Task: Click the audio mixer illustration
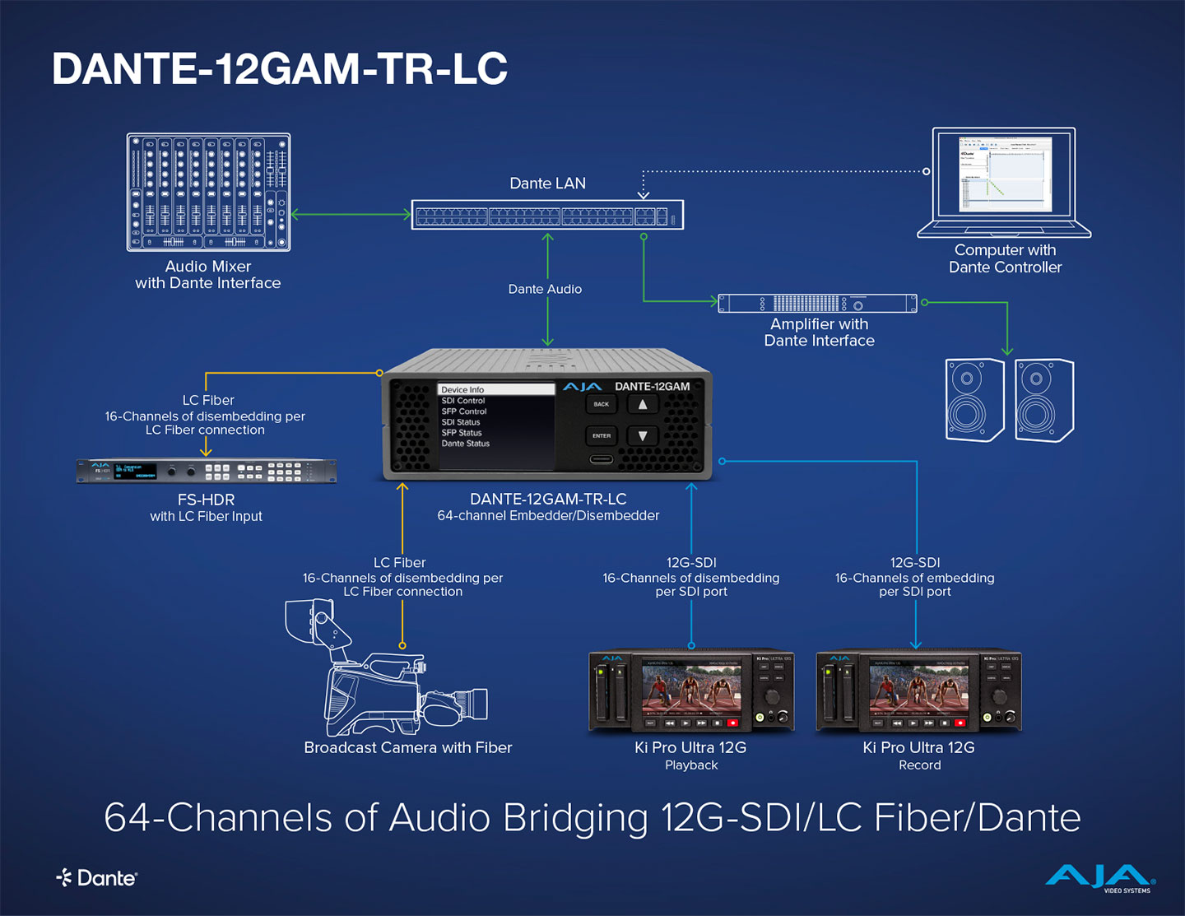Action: point(208,192)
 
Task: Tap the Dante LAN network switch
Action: point(547,215)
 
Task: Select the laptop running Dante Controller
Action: point(1005,182)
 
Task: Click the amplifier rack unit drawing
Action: point(817,303)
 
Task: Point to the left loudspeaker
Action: point(974,400)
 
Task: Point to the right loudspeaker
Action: point(1044,400)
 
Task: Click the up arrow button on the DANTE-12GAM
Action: point(643,404)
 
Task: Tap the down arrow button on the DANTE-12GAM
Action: point(643,435)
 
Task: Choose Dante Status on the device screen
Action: point(466,444)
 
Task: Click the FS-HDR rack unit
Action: point(207,471)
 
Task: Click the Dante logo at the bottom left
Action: point(97,878)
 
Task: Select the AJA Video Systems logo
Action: point(1099,878)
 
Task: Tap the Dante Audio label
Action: point(545,289)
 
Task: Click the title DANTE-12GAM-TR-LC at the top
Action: point(280,68)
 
